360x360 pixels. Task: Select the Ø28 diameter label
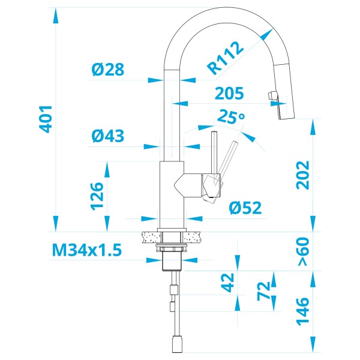[x=108, y=70]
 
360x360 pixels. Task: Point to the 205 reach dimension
[x=229, y=93]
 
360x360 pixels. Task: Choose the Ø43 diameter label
[x=108, y=136]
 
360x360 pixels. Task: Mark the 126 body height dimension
[x=98, y=196]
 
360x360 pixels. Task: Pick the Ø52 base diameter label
[x=245, y=208]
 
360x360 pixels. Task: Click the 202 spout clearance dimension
[x=303, y=175]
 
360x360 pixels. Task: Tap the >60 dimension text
[x=303, y=252]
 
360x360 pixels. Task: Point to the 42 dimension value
[x=227, y=283]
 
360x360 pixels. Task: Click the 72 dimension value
[x=262, y=292]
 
